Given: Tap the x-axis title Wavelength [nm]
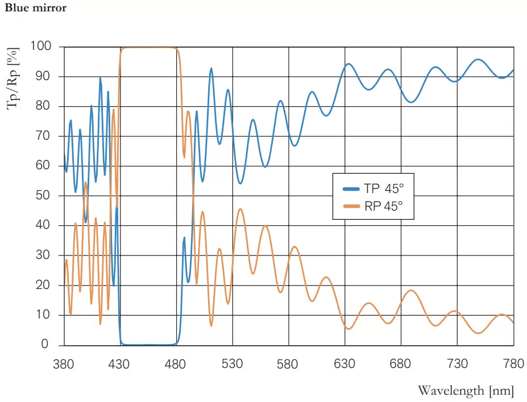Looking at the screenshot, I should [466, 391].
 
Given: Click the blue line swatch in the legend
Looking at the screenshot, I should [351, 189].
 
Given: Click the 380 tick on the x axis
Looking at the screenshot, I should [64, 363].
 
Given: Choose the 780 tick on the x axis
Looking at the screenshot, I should [513, 363].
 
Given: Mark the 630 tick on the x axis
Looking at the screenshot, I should [345, 363].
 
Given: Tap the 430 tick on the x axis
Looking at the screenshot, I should [119, 363].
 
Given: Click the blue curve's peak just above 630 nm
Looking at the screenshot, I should [348, 64].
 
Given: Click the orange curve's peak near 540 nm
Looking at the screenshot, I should [240, 209].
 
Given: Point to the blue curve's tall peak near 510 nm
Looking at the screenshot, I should [211, 68].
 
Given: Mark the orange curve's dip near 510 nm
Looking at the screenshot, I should [211, 326].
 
